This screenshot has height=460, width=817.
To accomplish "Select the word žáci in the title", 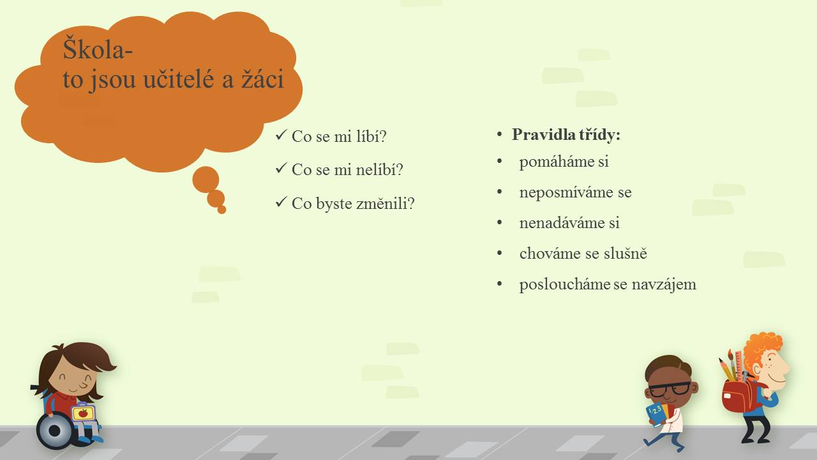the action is pos(262,79).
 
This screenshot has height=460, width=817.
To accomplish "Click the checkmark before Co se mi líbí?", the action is pos(281,135).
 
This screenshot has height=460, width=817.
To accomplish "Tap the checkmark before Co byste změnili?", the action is pos(281,202).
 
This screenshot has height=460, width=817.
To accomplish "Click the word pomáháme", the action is pos(557,162).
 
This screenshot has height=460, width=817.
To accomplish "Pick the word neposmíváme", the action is pos(566,192).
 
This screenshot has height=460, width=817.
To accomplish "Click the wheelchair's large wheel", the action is pos(56,431).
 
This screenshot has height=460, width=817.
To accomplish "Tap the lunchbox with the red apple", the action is pos(83,412).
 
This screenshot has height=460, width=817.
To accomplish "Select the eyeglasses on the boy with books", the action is pos(669,389).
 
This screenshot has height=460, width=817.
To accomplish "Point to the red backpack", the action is pos(740,395).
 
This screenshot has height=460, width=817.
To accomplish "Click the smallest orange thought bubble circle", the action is pos(221,210).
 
